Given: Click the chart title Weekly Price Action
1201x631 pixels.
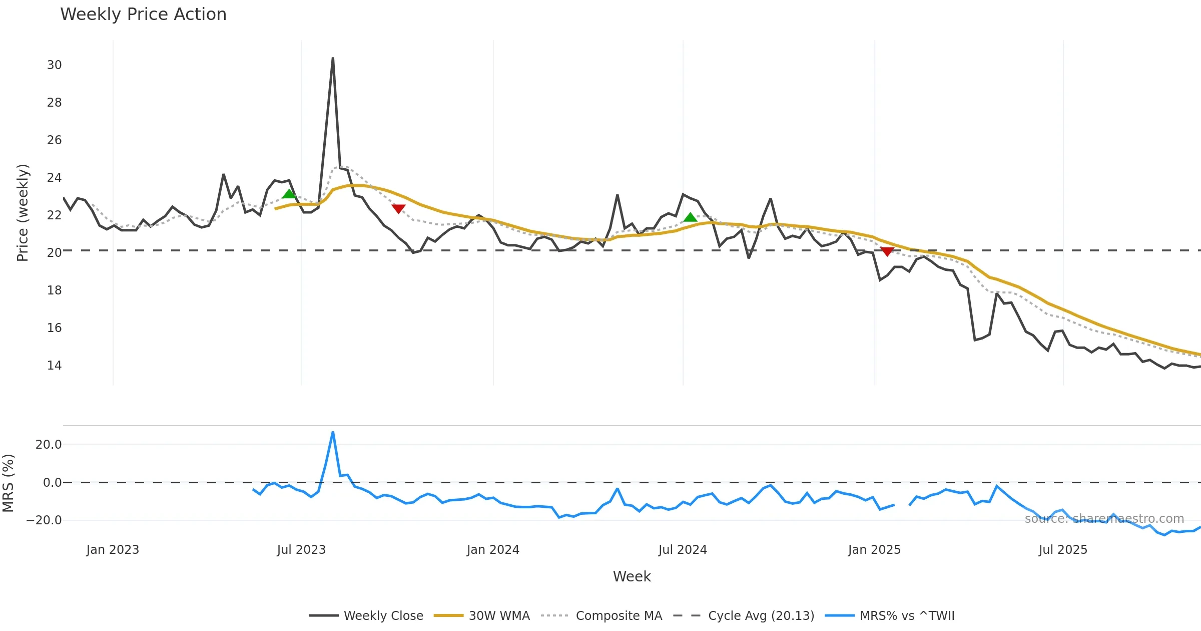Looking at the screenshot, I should tap(143, 15).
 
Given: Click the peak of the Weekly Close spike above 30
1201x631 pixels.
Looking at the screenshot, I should tap(333, 58).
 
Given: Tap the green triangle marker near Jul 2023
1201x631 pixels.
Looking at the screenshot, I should tap(289, 194).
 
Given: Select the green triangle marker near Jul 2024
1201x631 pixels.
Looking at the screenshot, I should tap(690, 217).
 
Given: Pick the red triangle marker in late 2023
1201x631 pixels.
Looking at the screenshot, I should tap(398, 208).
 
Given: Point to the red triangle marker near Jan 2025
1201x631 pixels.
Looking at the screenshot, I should tap(887, 251).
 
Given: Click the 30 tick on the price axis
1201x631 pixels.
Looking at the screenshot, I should tap(54, 65).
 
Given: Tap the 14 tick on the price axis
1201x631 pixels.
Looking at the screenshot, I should tap(54, 366).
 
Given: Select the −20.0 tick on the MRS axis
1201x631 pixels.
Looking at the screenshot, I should tap(44, 520).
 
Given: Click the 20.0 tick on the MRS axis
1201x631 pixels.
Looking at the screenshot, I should tap(48, 445).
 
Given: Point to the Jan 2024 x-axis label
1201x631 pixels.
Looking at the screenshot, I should tap(493, 550).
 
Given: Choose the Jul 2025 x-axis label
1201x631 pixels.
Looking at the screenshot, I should tap(1063, 550).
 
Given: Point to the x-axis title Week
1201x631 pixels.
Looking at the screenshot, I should tap(632, 577).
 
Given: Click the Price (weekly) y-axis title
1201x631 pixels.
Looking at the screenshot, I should tap(23, 213).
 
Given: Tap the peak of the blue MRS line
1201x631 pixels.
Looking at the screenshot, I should tap(333, 432).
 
